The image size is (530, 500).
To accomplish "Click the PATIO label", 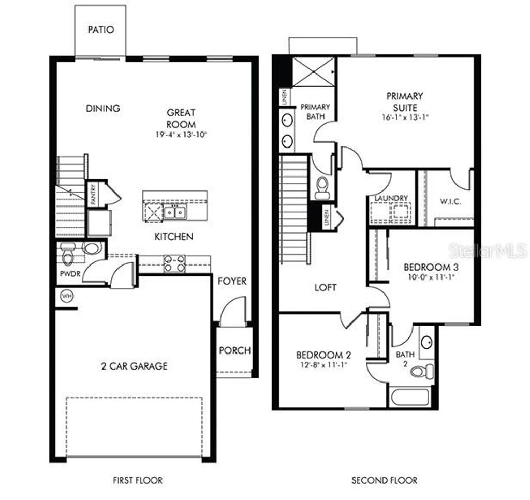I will click(x=100, y=30).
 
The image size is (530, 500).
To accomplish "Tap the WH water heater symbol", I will click(x=66, y=296).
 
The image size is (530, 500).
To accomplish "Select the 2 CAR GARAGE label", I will click(x=134, y=366).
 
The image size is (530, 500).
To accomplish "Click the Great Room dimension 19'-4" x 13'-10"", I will click(x=181, y=135).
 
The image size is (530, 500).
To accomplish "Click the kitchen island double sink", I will click(x=174, y=212).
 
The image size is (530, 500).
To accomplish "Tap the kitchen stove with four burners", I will click(x=174, y=263).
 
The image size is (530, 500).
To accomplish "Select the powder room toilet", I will click(x=68, y=256).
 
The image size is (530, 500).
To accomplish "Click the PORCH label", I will click(x=234, y=350).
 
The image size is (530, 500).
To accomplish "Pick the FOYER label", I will click(x=231, y=281).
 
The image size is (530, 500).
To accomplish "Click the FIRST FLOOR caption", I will click(x=138, y=480).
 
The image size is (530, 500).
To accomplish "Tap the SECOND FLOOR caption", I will click(x=384, y=480).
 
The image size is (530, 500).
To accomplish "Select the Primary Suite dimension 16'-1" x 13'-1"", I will click(x=405, y=117).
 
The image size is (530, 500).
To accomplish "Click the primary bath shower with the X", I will click(x=313, y=71).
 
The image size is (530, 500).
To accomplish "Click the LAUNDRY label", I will click(x=391, y=198).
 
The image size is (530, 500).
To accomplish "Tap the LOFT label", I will click(x=326, y=287).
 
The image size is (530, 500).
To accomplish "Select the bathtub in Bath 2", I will click(x=410, y=398).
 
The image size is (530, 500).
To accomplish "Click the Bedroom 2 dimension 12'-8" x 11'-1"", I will click(x=323, y=365).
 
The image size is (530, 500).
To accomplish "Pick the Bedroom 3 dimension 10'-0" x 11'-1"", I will click(x=431, y=277).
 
